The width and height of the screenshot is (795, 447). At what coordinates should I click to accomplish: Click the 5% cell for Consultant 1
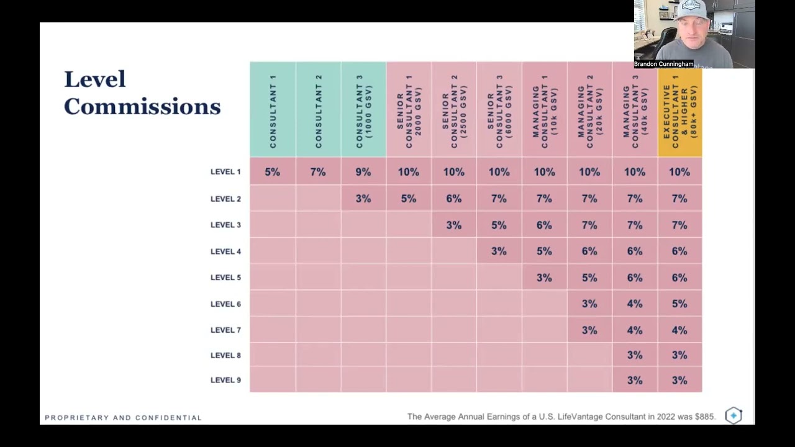(272, 172)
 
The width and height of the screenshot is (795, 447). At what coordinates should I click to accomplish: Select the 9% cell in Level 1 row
(363, 172)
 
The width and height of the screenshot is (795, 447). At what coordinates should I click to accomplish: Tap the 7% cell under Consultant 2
(318, 172)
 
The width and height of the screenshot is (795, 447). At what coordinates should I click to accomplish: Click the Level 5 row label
(225, 278)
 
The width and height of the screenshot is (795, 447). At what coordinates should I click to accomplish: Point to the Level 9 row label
(225, 380)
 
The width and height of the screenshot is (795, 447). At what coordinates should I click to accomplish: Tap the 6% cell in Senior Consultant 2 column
(454, 199)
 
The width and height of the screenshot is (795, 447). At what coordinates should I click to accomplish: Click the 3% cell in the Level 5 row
(544, 278)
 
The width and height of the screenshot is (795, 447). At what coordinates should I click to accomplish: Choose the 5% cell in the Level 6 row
(679, 304)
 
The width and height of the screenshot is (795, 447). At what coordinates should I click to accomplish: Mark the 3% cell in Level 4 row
(499, 251)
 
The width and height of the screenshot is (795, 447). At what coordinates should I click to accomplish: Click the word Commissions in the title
(142, 107)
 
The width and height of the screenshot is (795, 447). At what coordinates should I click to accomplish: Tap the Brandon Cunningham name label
(663, 64)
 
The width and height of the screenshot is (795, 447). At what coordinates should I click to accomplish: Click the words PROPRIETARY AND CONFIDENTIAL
(123, 418)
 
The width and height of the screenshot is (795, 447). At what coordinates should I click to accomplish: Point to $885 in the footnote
(704, 417)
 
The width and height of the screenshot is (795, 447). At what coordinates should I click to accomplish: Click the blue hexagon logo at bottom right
(734, 415)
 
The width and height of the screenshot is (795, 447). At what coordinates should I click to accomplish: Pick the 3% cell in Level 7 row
(589, 330)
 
